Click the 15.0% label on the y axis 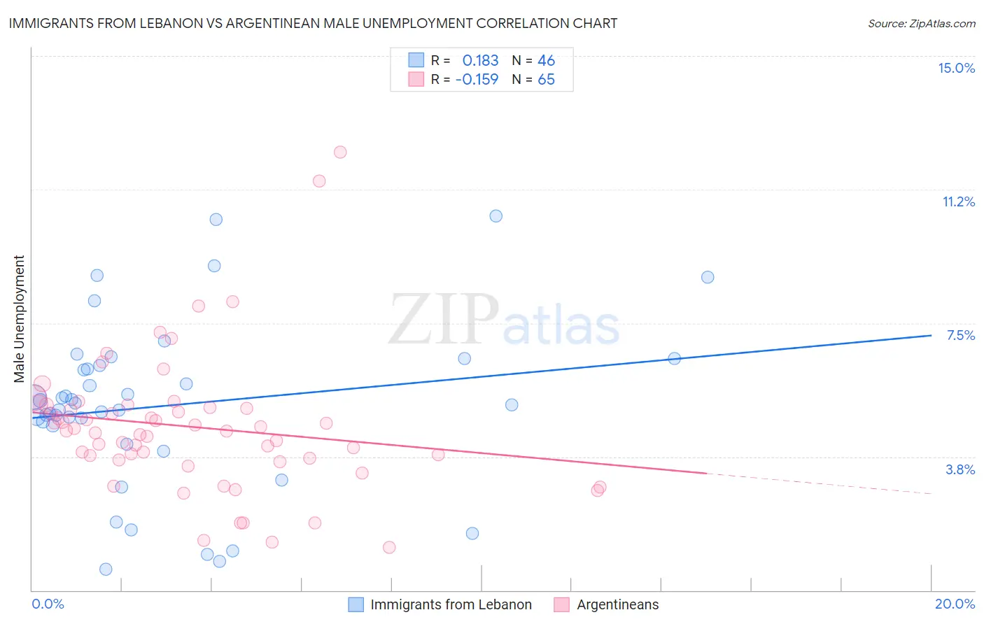956,68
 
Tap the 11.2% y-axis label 958,201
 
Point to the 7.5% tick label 960,335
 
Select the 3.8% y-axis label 960,469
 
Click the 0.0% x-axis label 48,604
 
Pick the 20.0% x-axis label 955,604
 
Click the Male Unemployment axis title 19,319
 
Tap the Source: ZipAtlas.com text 921,23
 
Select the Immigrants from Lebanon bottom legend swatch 356,604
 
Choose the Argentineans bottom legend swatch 561,604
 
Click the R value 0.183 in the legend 480,60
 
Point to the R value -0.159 477,79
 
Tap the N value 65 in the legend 546,79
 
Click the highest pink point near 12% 340,152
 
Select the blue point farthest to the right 708,277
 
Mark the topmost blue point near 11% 495,216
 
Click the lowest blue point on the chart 106,569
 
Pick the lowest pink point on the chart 389,547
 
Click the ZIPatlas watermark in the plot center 504,320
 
